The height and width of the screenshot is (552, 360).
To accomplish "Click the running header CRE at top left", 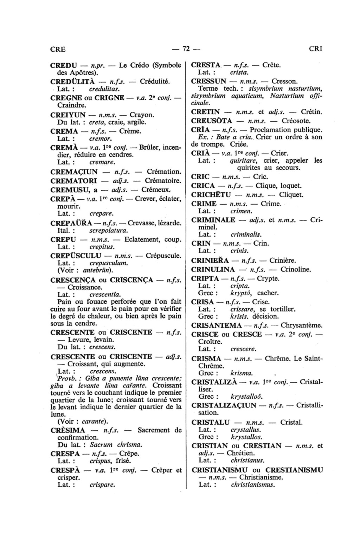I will [58, 49].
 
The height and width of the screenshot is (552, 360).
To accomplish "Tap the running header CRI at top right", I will [315, 49].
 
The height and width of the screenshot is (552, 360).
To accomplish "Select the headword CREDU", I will [64, 65].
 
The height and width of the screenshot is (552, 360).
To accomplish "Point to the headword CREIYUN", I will [68, 115].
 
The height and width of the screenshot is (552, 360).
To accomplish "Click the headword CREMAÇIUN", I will [74, 172].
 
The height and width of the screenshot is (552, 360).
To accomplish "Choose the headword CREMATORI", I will [74, 181].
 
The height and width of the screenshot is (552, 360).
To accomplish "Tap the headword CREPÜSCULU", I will [76, 256].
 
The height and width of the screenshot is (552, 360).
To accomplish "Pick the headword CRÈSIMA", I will [68, 430].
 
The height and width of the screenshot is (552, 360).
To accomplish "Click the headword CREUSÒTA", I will [212, 121].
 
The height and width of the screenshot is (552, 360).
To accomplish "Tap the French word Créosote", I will [296, 121].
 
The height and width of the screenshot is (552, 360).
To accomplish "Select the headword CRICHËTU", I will [211, 195].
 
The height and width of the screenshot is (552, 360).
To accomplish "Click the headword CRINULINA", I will [213, 270].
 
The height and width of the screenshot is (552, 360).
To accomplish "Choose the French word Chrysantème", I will [301, 325].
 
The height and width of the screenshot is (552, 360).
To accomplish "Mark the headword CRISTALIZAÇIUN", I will [224, 405].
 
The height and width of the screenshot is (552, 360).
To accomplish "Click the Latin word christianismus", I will [253, 484].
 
